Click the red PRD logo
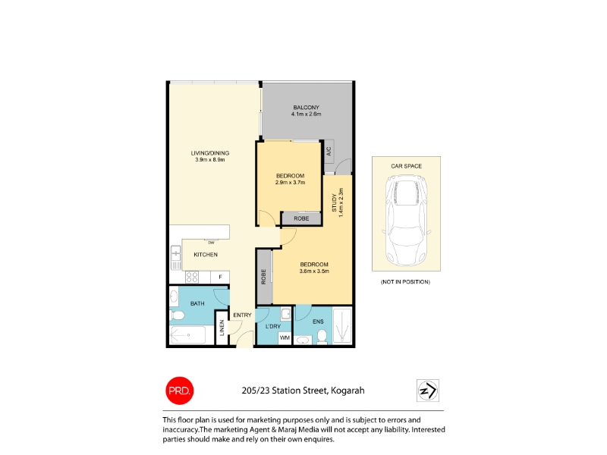coord(180,391)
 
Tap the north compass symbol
coord(428,391)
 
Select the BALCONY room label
coord(307,107)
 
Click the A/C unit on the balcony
coord(329,151)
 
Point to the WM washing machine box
coord(285,337)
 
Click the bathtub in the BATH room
coord(187,334)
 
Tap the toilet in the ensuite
coord(322,336)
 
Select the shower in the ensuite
coord(342,326)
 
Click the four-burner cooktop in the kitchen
coord(192,277)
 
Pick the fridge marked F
coord(220,277)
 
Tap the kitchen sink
coord(176,258)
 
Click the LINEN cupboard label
coord(222,328)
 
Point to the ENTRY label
coord(242,315)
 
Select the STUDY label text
coord(334,202)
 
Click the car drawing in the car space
coord(407,220)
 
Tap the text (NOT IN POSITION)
coord(405,281)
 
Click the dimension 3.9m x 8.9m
coord(210,159)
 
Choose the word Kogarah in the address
coord(348,391)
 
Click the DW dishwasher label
coord(212,243)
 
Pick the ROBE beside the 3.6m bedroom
coord(264,277)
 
